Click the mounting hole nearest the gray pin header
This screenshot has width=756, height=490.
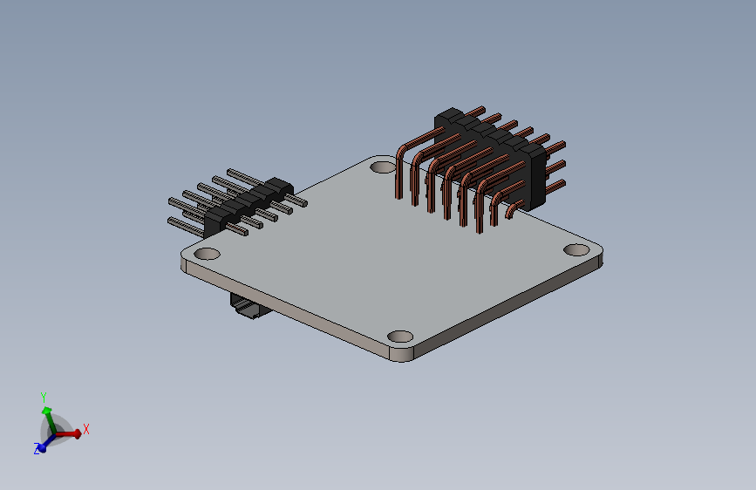pyautogui.click(x=207, y=253)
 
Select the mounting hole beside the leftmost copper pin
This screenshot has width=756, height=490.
pyautogui.click(x=383, y=167)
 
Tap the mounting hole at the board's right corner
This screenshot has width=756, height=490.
pyautogui.click(x=576, y=250)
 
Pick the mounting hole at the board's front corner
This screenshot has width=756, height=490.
pyautogui.click(x=400, y=337)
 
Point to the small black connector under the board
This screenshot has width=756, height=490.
pyautogui.click(x=249, y=306)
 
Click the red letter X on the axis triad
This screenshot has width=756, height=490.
pyautogui.click(x=85, y=429)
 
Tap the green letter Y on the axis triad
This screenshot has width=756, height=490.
pyautogui.click(x=44, y=398)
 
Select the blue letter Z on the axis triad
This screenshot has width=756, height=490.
pyautogui.click(x=37, y=448)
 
